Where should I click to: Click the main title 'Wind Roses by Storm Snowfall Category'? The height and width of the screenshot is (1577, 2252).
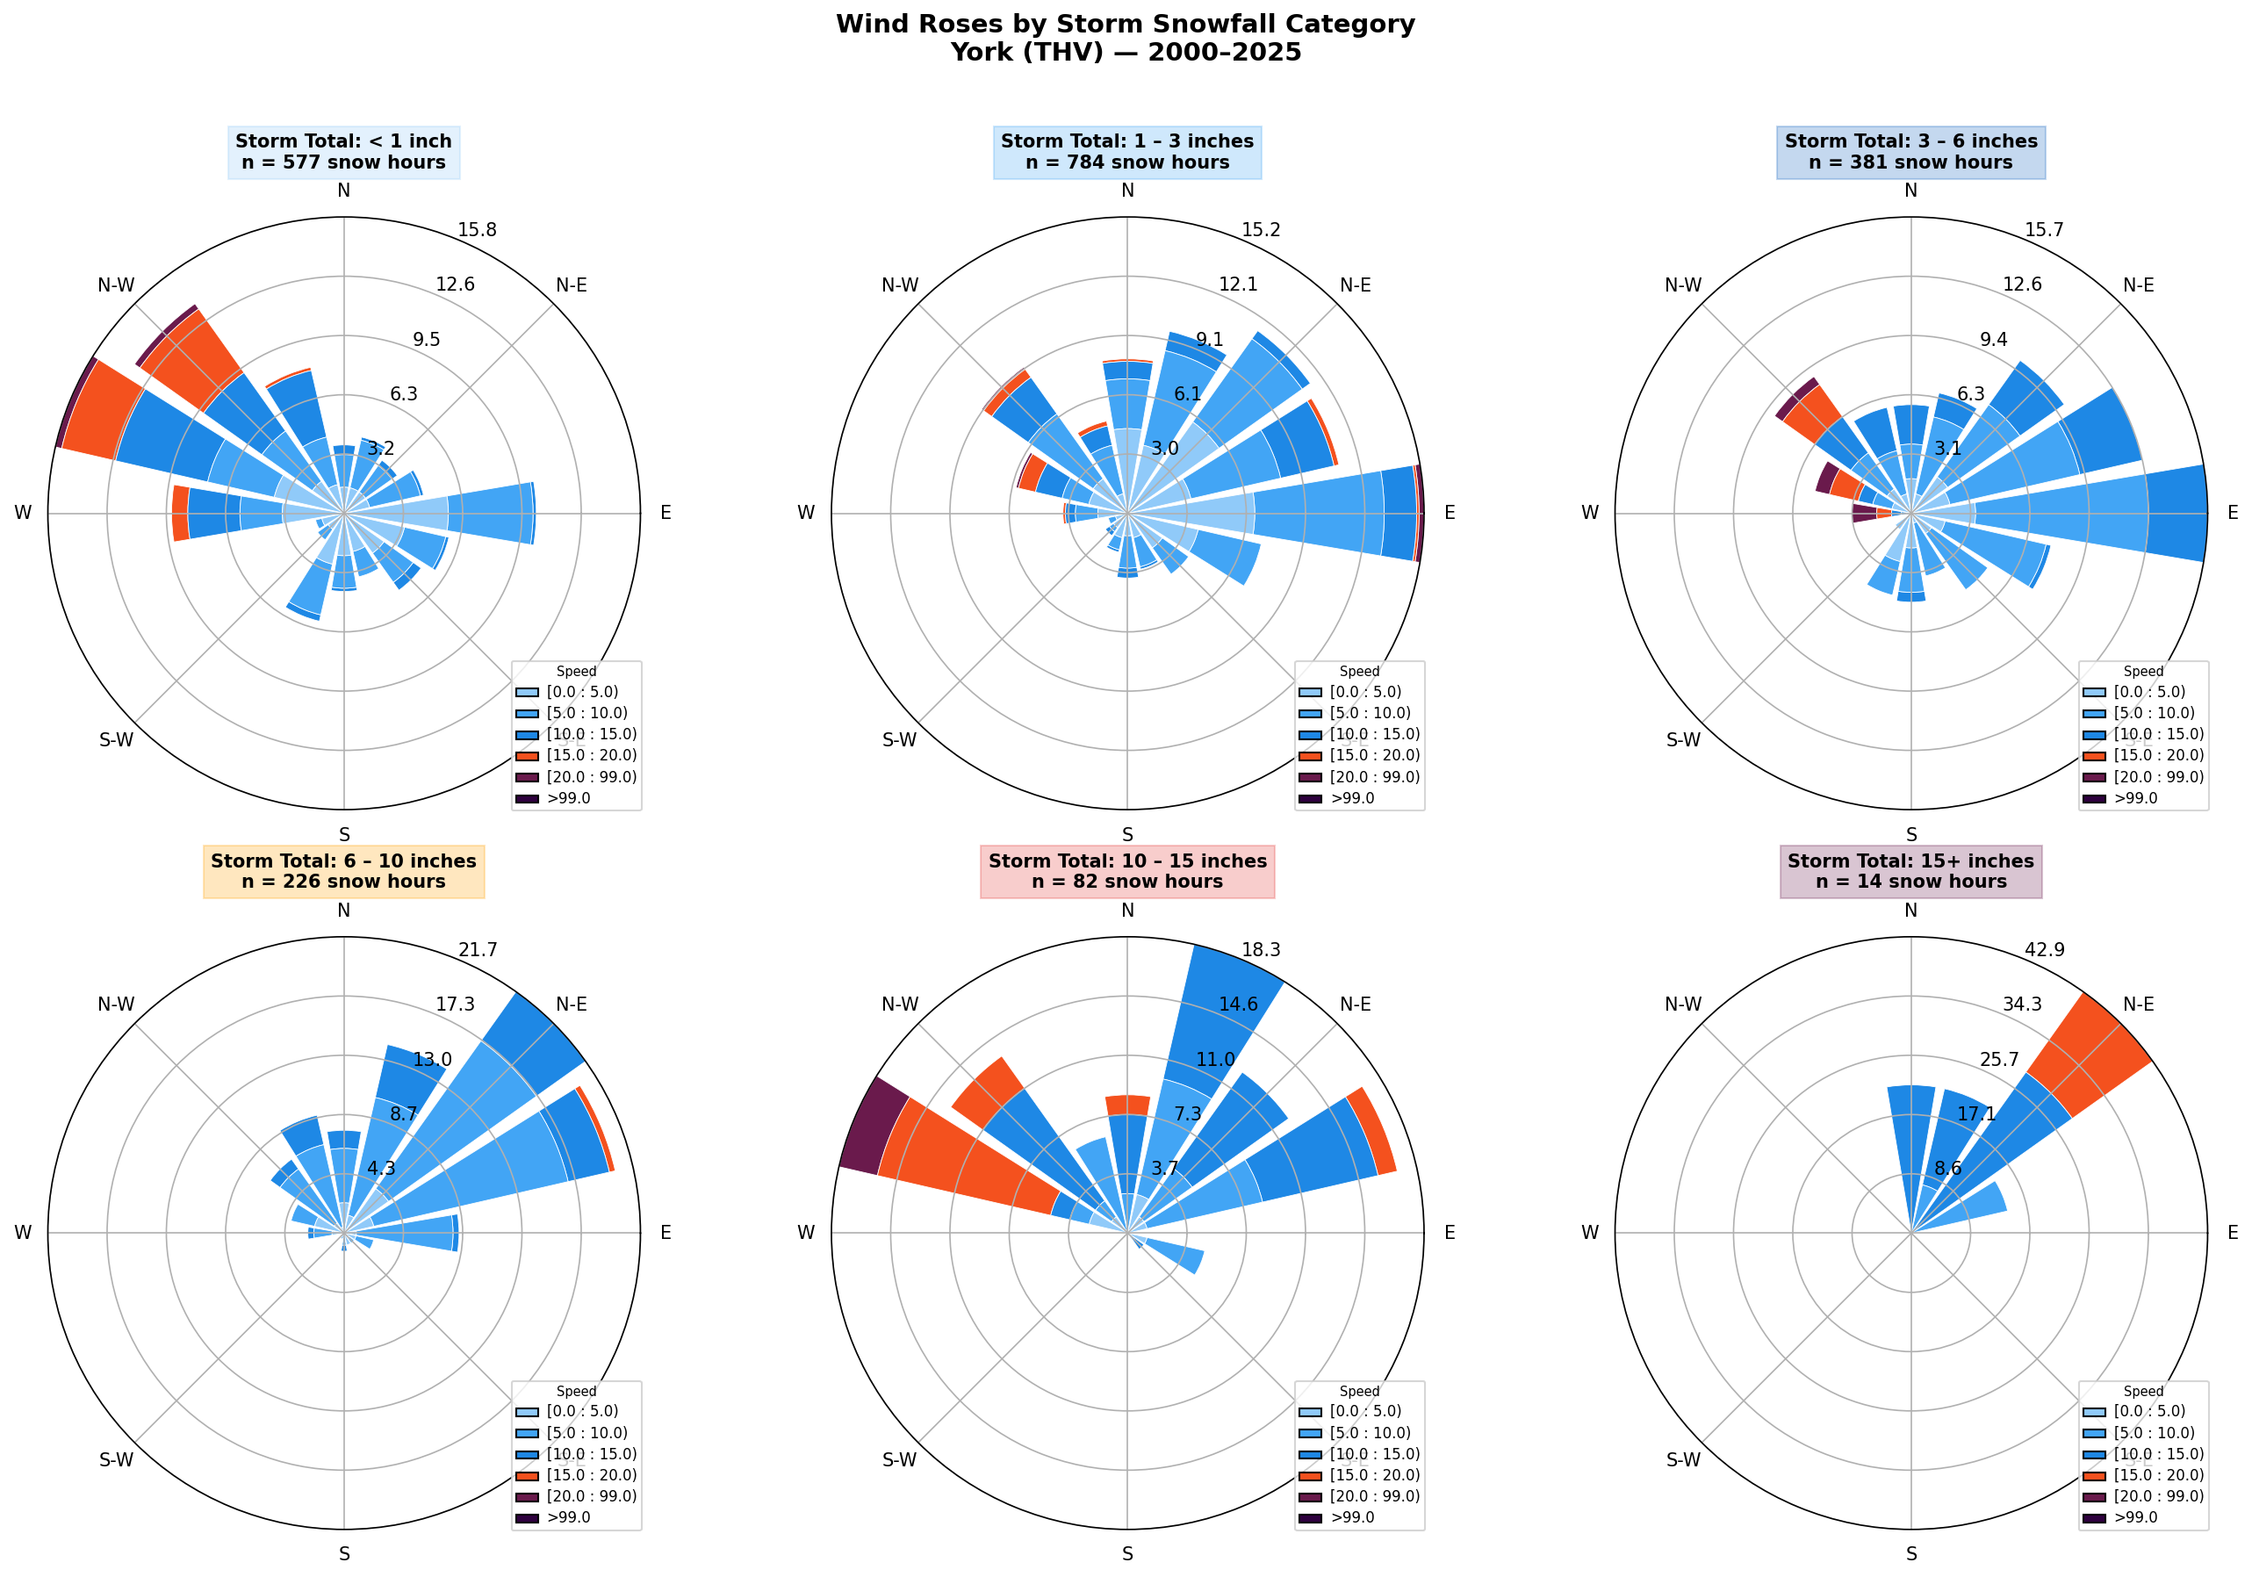[x=1125, y=25]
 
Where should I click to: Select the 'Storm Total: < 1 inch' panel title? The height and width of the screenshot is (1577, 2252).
[x=343, y=141]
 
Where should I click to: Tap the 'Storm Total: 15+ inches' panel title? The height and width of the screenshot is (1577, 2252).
[x=1910, y=861]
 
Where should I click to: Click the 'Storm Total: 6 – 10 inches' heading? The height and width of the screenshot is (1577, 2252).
[x=343, y=861]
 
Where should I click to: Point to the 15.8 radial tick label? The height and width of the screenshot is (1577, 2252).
[x=477, y=230]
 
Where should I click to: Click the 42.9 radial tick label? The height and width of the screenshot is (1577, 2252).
[x=2044, y=950]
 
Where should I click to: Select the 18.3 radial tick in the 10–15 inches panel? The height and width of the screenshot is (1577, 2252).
[x=1261, y=950]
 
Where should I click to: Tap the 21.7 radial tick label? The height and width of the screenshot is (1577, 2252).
[x=478, y=950]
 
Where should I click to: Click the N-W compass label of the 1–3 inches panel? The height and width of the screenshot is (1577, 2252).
[x=899, y=285]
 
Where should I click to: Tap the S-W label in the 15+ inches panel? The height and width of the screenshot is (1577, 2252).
[x=1683, y=1459]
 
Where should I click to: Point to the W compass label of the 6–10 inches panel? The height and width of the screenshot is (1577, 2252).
[x=23, y=1233]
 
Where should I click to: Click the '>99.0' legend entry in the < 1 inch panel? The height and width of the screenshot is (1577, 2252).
[x=568, y=798]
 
